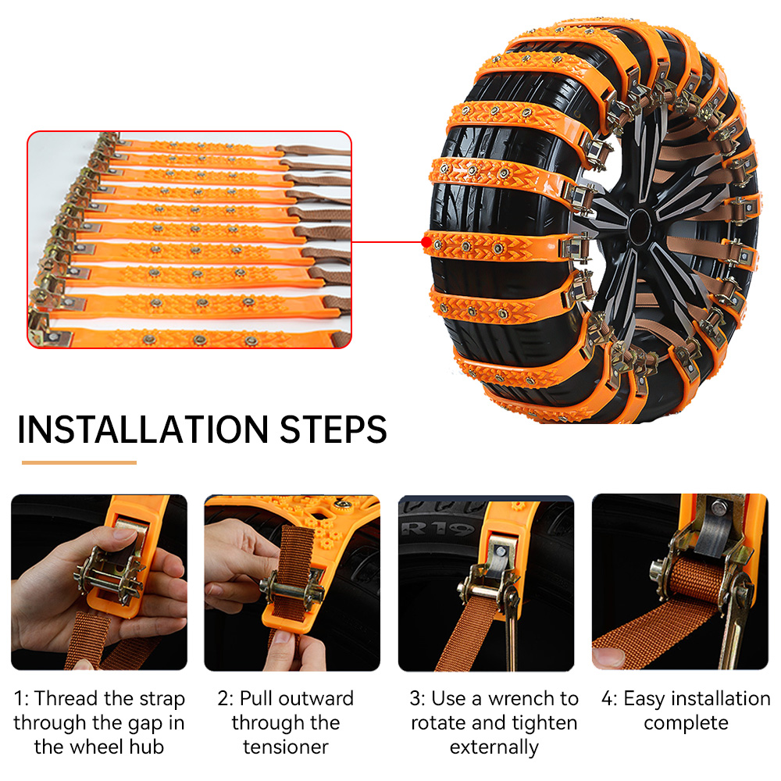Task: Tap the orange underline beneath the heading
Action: (79, 462)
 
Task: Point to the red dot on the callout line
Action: (425, 242)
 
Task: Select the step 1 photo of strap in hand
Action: (99, 582)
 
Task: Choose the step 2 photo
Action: (292, 582)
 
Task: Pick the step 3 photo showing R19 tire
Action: (486, 582)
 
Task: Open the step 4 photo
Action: (679, 582)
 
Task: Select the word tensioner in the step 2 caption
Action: (286, 747)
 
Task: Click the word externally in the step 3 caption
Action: (494, 747)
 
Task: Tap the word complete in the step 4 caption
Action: (686, 723)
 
